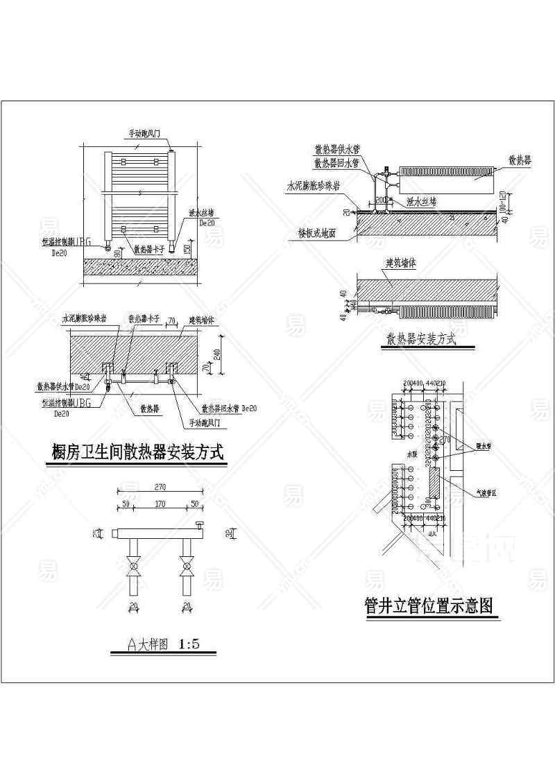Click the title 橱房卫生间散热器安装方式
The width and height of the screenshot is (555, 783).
pyautogui.click(x=139, y=453)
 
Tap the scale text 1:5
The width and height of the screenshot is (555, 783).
pyautogui.click(x=189, y=644)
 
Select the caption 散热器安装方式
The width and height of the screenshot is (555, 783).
pyautogui.click(x=420, y=339)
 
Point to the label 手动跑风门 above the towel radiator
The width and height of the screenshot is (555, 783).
pyautogui.click(x=145, y=132)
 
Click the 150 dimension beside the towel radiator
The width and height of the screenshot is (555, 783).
pyautogui.click(x=188, y=248)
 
